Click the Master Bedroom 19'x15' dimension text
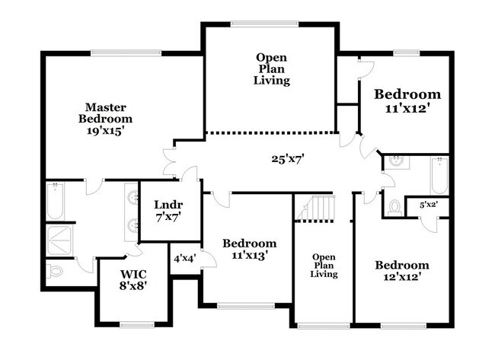tap(104, 131)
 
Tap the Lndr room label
tap(168, 205)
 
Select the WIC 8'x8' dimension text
tap(133, 286)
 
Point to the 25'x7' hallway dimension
tap(288, 159)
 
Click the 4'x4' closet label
tap(185, 259)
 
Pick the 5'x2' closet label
tap(429, 205)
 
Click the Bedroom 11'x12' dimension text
tap(407, 109)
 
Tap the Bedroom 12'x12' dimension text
tap(402, 277)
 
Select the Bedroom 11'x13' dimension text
tap(249, 255)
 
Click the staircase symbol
tap(315, 208)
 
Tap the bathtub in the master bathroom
tap(56, 201)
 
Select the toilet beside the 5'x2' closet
tap(394, 208)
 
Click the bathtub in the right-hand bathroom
tap(439, 176)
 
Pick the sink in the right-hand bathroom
tap(395, 162)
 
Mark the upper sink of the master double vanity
tap(133, 198)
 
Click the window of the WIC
tap(137, 325)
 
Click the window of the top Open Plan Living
tap(264, 24)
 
